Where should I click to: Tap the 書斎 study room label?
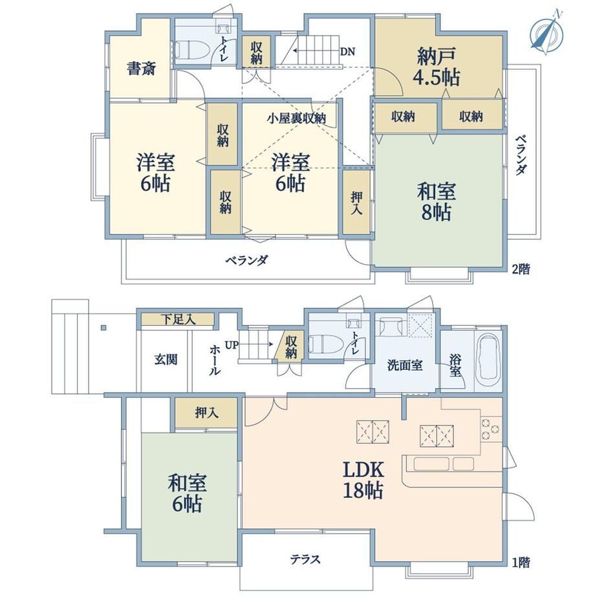tap(141, 69)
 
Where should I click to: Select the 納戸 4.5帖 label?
tap(437, 67)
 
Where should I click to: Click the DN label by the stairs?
tap(347, 51)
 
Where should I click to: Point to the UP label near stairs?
tap(232, 345)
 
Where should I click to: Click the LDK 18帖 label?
tap(363, 480)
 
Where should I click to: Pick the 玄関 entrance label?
tap(166, 359)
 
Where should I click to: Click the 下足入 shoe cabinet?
tap(177, 319)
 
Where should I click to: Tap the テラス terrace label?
tap(305, 559)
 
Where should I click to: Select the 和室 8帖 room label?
tap(437, 202)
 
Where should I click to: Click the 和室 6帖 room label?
tap(187, 493)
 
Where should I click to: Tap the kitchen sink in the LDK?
tap(443, 464)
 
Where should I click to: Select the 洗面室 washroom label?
tap(404, 365)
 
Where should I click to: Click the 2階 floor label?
tap(521, 270)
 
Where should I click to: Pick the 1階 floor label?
tap(521, 562)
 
